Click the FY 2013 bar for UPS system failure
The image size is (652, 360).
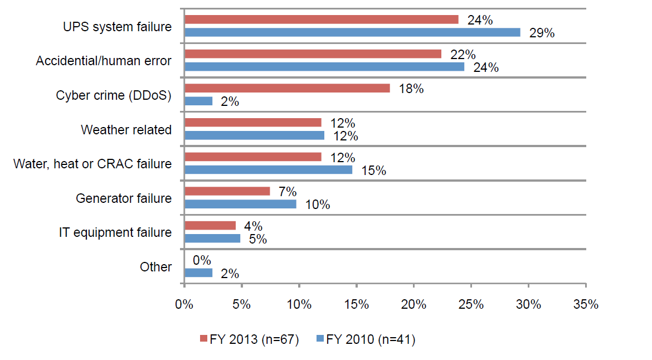pos(322,20)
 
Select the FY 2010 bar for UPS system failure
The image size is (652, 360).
pos(352,32)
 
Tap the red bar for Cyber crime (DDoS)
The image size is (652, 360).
pos(287,88)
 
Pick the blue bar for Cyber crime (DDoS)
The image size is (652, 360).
pos(198,101)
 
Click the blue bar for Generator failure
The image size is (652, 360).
pos(240,204)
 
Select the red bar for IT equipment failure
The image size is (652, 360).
pos(210,225)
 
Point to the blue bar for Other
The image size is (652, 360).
pos(198,273)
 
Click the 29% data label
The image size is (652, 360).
pos(541,33)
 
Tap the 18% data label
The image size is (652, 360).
pos(411,89)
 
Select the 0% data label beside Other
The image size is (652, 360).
pos(201,260)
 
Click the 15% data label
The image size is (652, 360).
pos(373,171)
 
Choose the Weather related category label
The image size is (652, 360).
pos(126,130)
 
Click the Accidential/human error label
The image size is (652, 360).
pos(104,61)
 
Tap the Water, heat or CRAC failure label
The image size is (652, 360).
pos(93,164)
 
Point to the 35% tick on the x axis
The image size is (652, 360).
pos(586,305)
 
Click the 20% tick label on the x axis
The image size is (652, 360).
pos(413,305)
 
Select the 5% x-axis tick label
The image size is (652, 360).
pos(241,305)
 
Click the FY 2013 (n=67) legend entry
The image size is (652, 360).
pos(249,339)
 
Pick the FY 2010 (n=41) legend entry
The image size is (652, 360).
pos(365,339)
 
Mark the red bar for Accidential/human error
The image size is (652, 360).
pos(313,53)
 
